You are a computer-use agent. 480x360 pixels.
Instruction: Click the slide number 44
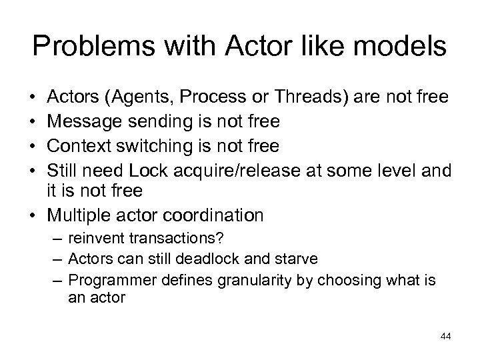click(445, 336)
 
